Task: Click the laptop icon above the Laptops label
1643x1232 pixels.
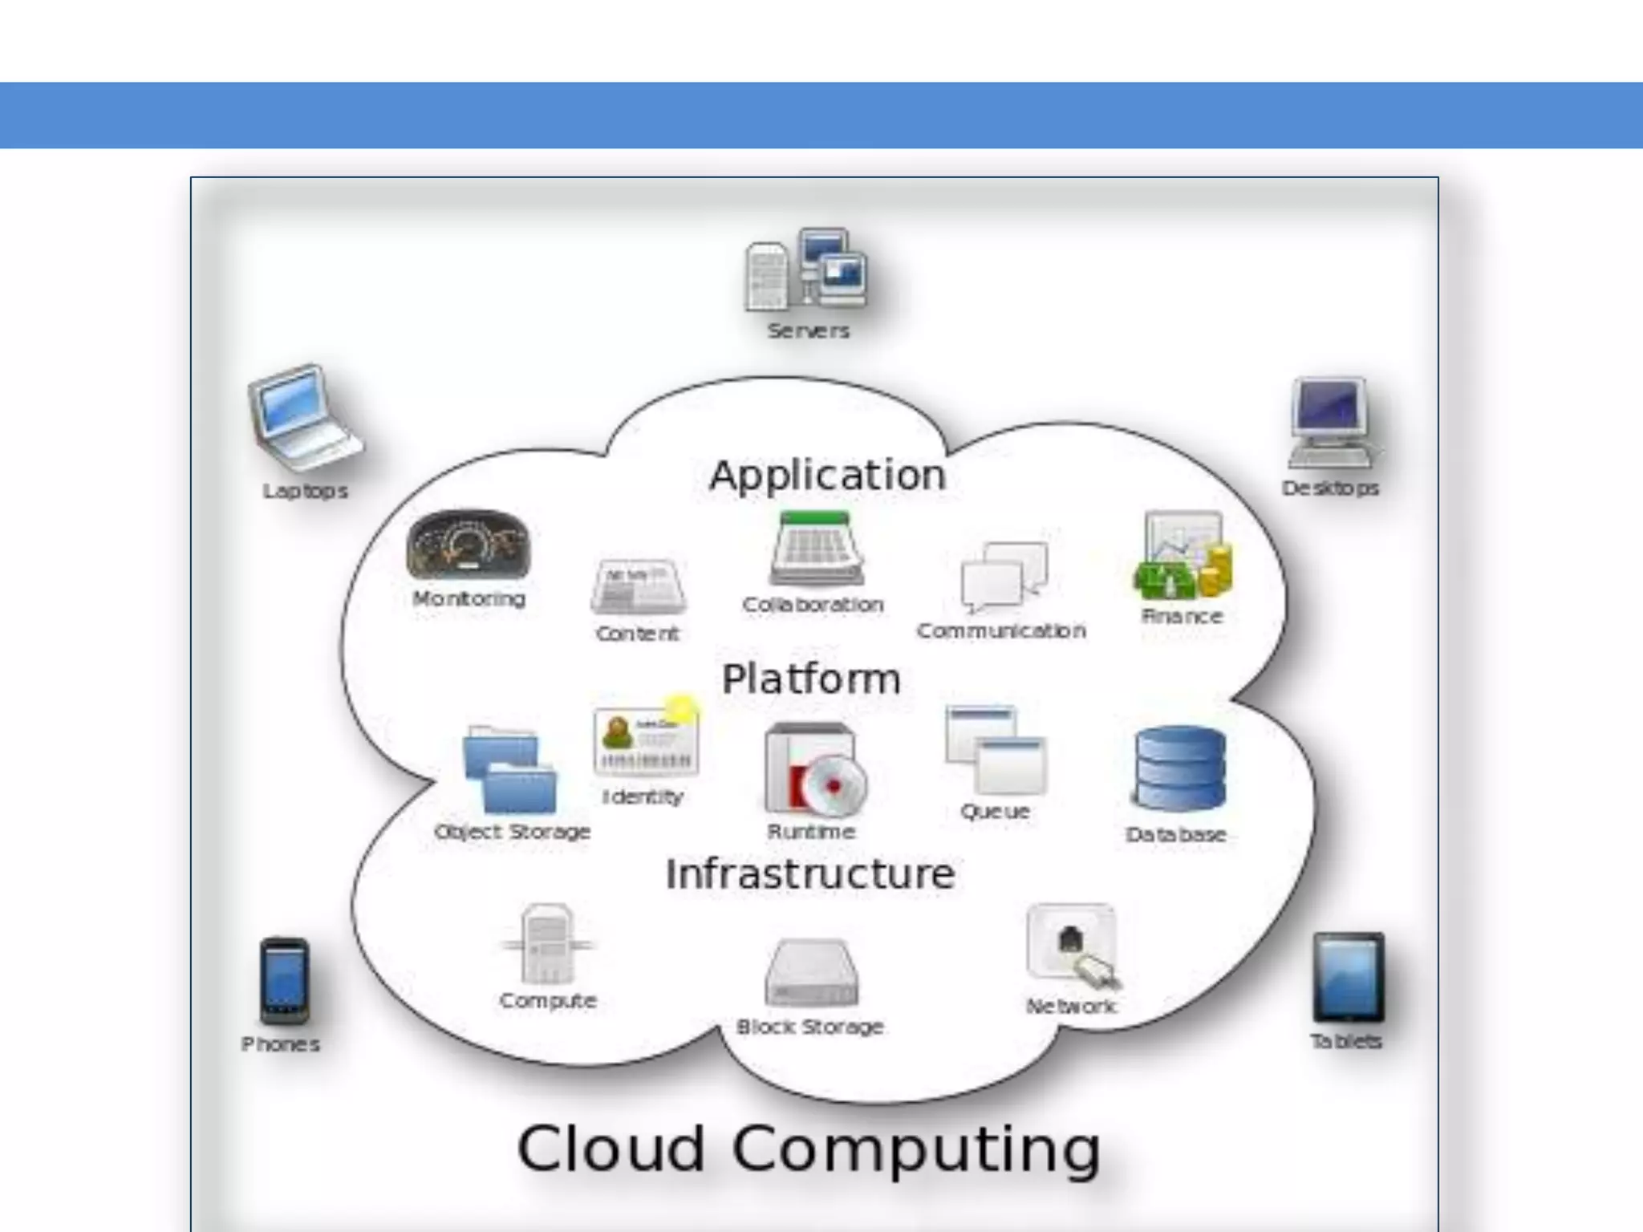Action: [303, 417]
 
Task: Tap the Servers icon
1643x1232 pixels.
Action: [806, 270]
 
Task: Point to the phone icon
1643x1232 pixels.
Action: [284, 980]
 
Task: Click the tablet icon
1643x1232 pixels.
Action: [1349, 976]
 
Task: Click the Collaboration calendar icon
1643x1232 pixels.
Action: [816, 549]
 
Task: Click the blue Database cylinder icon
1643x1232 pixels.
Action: [1179, 769]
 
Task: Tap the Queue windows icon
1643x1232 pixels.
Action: [996, 750]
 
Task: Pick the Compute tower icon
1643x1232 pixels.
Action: [548, 944]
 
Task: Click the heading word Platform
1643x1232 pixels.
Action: [811, 679]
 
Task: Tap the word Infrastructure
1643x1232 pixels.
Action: [810, 873]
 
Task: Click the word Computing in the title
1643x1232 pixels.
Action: [915, 1149]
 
